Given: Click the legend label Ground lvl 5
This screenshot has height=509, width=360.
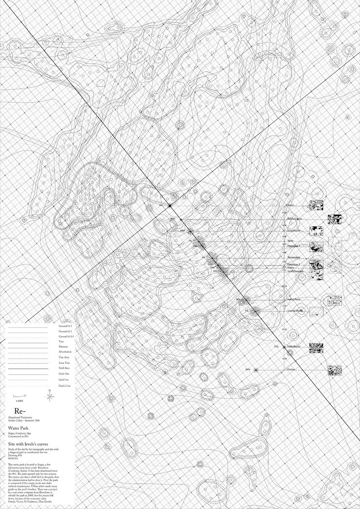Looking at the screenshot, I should pos(66,325).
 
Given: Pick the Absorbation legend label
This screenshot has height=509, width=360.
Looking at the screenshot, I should pos(65,352).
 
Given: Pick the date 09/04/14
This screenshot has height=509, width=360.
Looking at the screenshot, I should pos(13,458).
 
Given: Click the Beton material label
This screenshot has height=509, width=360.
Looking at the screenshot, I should pos(290,205).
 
